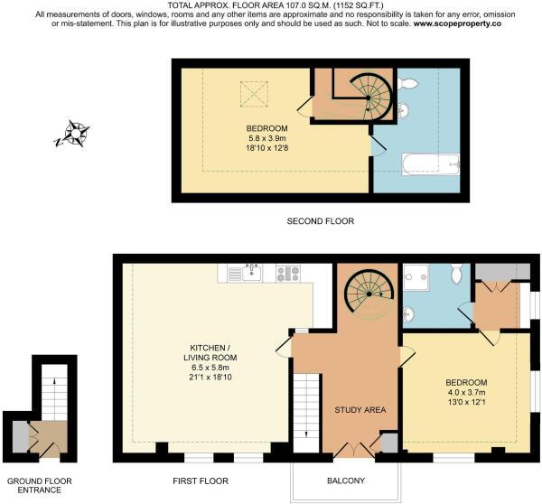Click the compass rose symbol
[73, 134]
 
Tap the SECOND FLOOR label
[321, 221]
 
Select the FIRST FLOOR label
[201, 481]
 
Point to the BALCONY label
[346, 481]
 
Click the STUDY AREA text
[360, 410]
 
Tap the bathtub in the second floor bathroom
[431, 165]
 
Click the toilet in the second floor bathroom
[408, 83]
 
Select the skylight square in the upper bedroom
[254, 94]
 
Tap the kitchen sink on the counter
[252, 273]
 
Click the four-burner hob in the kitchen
[288, 273]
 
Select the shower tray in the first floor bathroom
[416, 277]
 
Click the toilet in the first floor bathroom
[456, 272]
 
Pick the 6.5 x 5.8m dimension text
[210, 368]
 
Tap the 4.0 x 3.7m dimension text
[467, 392]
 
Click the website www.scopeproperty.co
[457, 23]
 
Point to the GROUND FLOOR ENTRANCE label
[40, 485]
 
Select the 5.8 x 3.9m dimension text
[266, 138]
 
